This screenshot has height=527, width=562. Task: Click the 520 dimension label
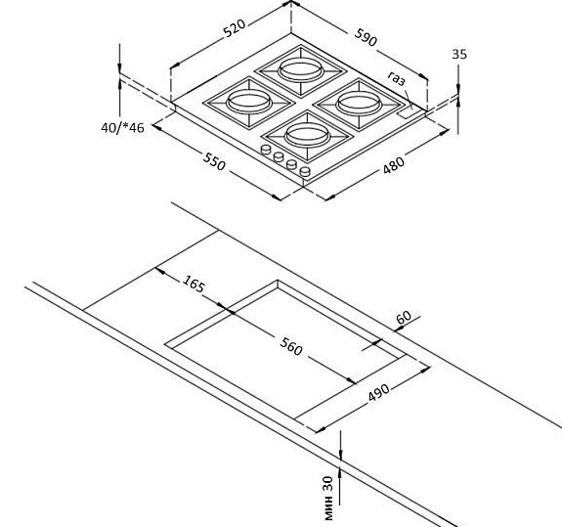coord(235,28)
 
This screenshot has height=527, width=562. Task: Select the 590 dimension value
coord(366,37)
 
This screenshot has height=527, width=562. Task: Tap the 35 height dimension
coord(459,54)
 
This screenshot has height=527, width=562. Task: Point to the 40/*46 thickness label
coord(122,128)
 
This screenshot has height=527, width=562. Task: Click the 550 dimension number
coord(214,161)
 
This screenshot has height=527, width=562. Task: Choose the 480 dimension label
coord(394,165)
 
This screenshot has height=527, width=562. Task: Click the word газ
coord(397,78)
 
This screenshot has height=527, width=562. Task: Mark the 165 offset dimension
coord(194,284)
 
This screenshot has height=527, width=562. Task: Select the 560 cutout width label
coord(291,347)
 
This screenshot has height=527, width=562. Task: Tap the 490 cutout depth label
coord(378,393)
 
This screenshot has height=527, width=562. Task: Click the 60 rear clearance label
coord(404,317)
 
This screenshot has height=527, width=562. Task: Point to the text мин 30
coord(328,499)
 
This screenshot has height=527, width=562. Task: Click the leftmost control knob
coord(266,150)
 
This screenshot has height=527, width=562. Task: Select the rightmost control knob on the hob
coord(305,171)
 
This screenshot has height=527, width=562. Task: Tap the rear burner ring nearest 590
coord(300,69)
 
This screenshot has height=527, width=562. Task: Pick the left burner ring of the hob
coord(248,100)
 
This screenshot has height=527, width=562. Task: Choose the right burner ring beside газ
coord(359,101)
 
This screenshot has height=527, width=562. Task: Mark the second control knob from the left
coord(279,156)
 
